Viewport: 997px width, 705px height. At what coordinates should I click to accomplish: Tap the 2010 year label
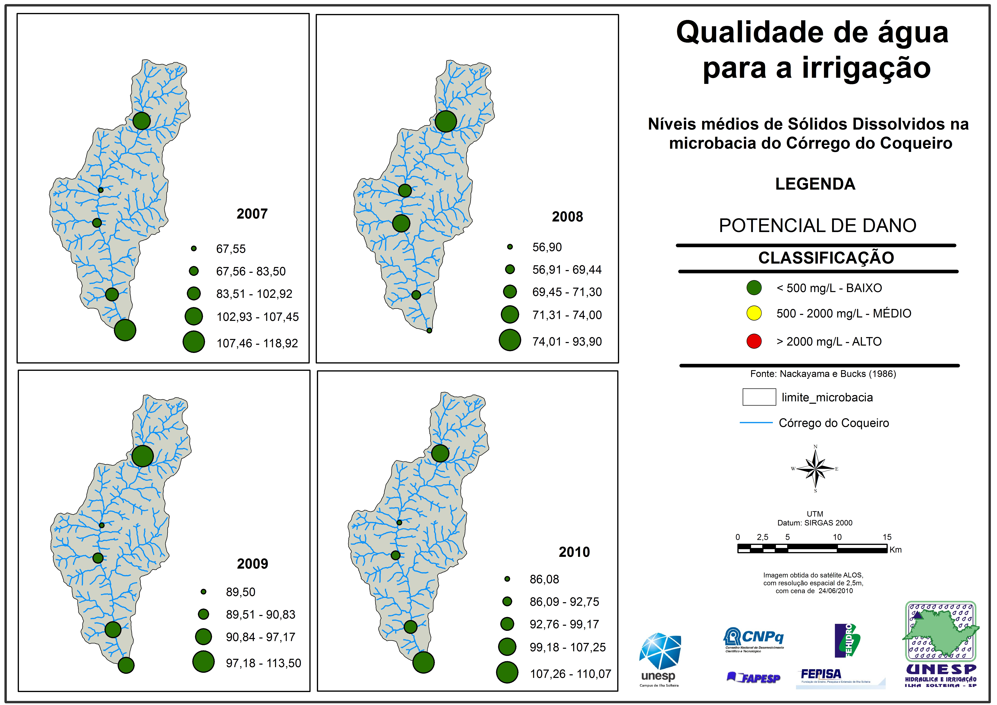tap(574, 552)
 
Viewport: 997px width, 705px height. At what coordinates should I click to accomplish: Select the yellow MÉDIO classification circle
tap(754, 313)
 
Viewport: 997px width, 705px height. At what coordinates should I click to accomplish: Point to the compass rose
tap(815, 469)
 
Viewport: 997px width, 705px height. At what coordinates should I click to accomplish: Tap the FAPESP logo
tap(753, 678)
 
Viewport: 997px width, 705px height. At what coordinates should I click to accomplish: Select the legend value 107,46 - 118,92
tap(257, 343)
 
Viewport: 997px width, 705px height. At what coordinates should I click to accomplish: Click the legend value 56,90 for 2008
tap(547, 247)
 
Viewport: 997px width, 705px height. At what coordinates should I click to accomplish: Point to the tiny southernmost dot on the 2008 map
tap(429, 331)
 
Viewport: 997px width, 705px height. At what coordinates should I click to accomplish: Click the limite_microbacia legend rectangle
tap(759, 397)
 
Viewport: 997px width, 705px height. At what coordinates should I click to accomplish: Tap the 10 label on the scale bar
tap(837, 537)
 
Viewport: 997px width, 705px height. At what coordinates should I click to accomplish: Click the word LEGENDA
tap(815, 184)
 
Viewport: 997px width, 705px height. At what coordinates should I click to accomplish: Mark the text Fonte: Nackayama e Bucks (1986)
tap(823, 374)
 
